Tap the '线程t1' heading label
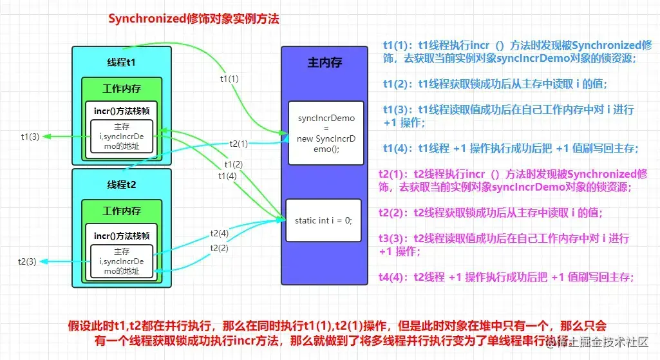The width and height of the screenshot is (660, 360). (x=121, y=62)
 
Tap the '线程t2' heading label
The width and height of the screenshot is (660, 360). (x=121, y=185)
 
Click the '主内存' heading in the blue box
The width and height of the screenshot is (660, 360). (x=325, y=62)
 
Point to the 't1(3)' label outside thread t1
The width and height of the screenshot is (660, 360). (x=30, y=137)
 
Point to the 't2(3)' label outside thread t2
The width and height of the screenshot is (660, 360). (x=27, y=261)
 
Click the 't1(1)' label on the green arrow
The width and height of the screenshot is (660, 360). (x=229, y=79)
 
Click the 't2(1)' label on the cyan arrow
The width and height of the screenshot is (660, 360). (x=239, y=143)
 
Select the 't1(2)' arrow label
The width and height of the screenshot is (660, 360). (x=234, y=164)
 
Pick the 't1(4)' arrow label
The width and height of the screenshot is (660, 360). (x=227, y=176)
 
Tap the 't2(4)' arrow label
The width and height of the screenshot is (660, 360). (x=219, y=233)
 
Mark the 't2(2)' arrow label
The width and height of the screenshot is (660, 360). (x=219, y=248)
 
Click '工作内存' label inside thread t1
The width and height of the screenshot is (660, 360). (x=122, y=88)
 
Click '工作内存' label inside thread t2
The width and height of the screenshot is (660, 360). (x=122, y=211)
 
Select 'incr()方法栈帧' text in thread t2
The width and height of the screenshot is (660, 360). (x=122, y=235)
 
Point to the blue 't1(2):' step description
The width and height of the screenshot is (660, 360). (x=495, y=84)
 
